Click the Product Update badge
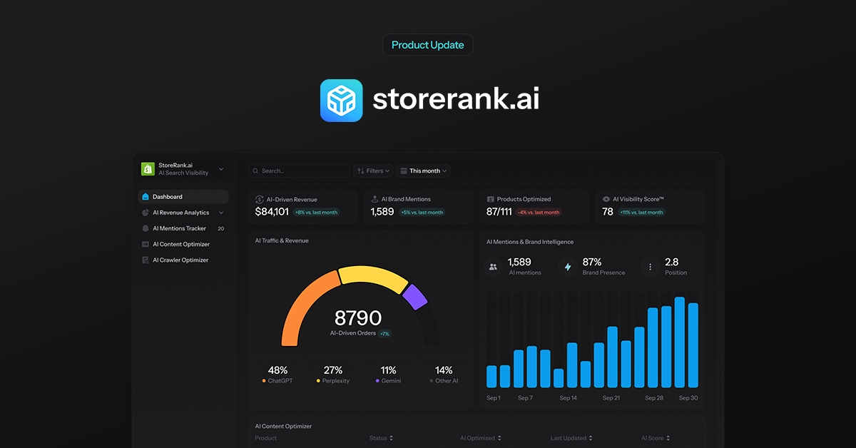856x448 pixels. (428, 45)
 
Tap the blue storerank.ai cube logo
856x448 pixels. (342, 101)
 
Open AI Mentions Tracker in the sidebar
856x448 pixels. (179, 228)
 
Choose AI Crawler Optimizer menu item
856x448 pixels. (180, 260)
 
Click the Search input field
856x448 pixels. (300, 171)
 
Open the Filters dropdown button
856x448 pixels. (373, 171)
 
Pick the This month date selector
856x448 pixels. (424, 171)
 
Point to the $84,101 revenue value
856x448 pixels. (272, 212)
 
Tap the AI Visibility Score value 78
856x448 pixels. (608, 212)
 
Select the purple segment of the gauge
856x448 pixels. (414, 297)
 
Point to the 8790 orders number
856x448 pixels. (358, 318)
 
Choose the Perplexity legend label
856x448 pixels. (336, 381)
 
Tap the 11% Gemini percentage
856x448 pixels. (388, 370)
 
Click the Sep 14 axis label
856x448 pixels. (569, 398)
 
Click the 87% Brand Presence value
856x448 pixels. (592, 262)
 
